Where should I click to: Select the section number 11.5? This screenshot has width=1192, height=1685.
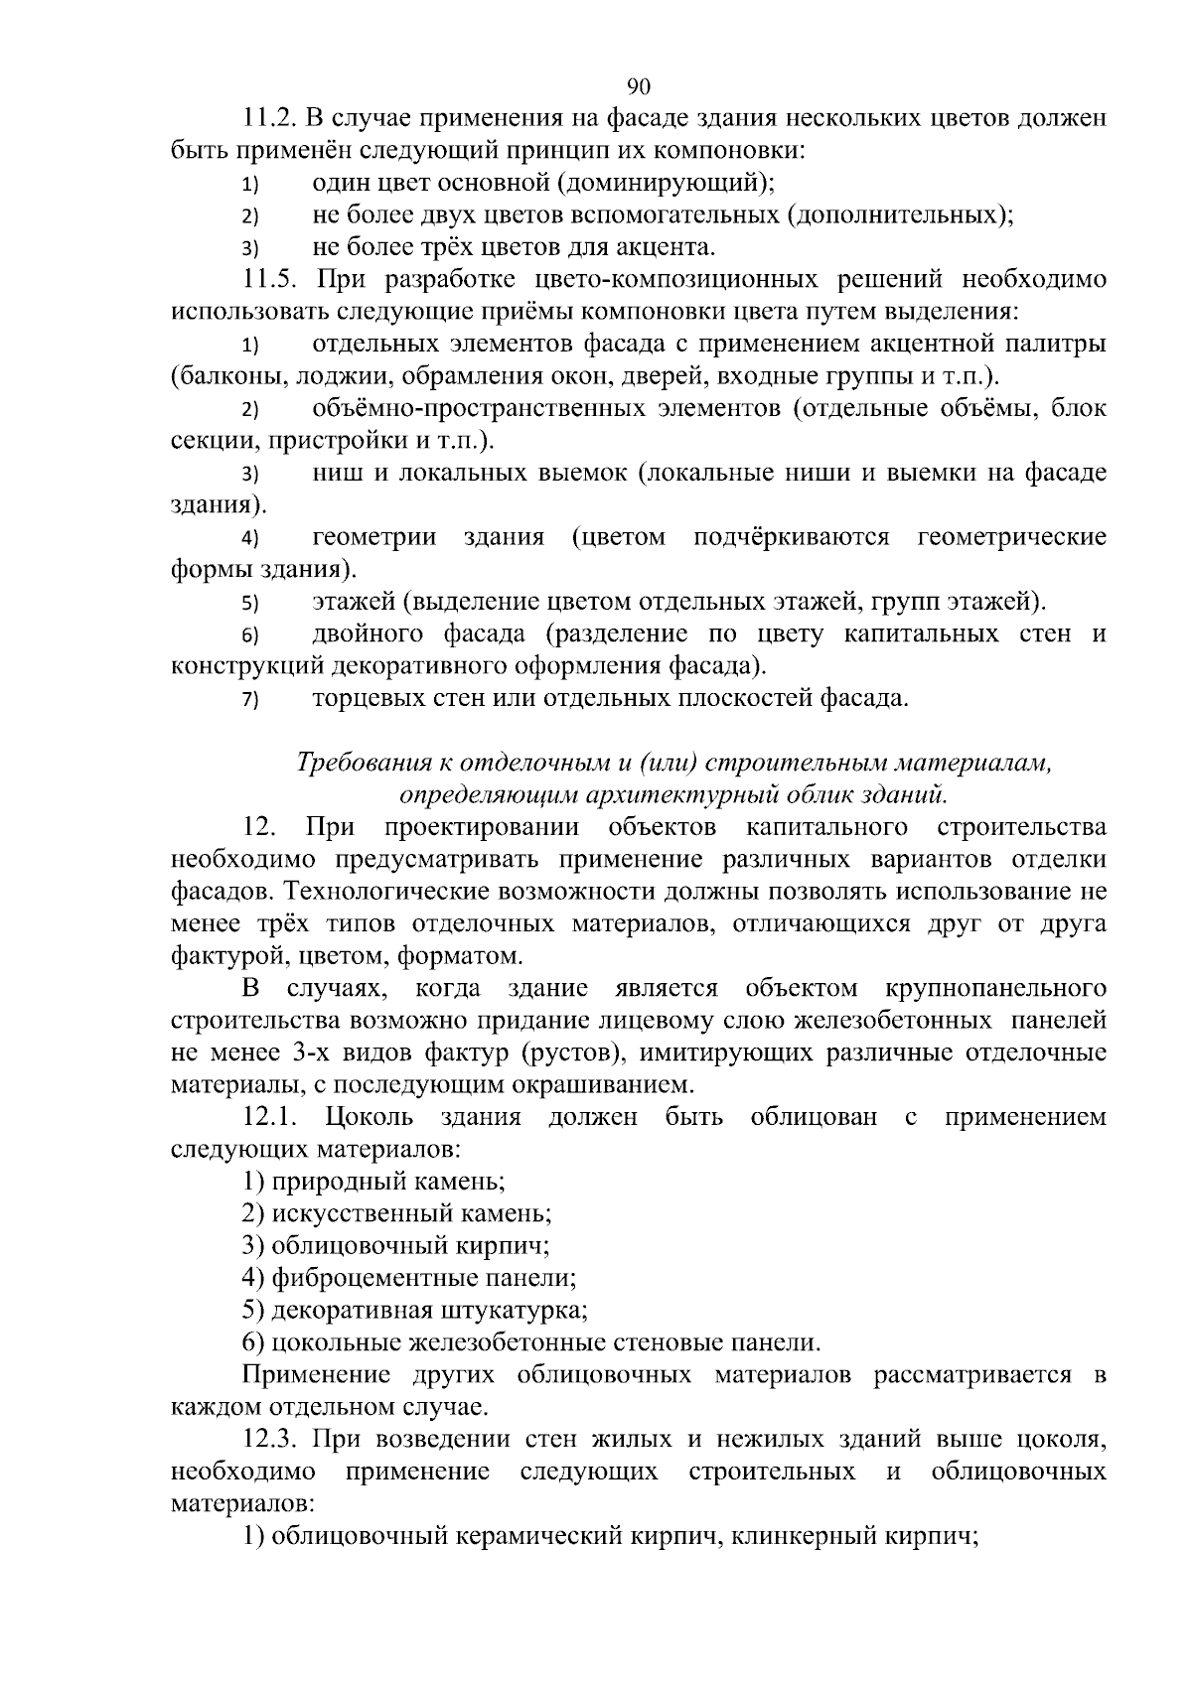[270, 280]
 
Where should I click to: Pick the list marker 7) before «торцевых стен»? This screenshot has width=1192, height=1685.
[249, 700]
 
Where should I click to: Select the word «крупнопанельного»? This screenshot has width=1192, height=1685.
[993, 989]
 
